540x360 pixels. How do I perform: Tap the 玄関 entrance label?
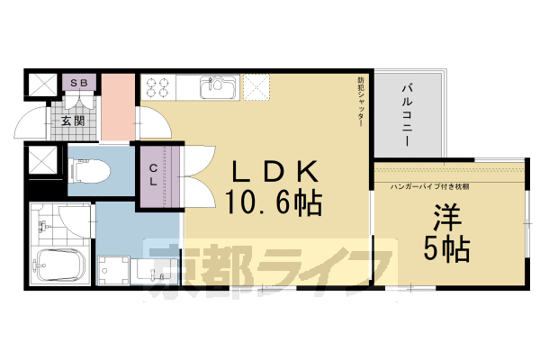[x=73, y=120]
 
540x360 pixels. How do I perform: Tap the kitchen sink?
[x=217, y=88]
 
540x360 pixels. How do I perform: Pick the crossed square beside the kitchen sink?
[x=257, y=88]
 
